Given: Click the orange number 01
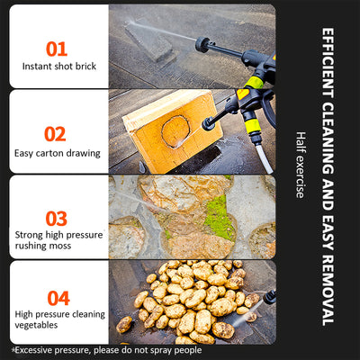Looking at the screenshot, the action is point(57,49).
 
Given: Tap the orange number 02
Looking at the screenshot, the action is point(55,134).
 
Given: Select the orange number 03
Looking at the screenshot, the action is point(57,219).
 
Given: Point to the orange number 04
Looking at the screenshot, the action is point(58,298).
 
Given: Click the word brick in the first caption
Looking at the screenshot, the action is point(85,66).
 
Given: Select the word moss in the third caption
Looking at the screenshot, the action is point(60,246).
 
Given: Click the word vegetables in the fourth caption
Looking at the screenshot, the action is point(36,325).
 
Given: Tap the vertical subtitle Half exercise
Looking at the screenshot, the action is point(301,165).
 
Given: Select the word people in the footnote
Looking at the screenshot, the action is point(188,350).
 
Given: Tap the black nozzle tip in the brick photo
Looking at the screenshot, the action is point(202,44).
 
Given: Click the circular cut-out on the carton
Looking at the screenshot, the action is point(175,131).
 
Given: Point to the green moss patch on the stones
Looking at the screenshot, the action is point(220,217).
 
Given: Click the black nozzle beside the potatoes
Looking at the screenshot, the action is point(270,297).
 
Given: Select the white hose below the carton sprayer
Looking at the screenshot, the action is point(265,158).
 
